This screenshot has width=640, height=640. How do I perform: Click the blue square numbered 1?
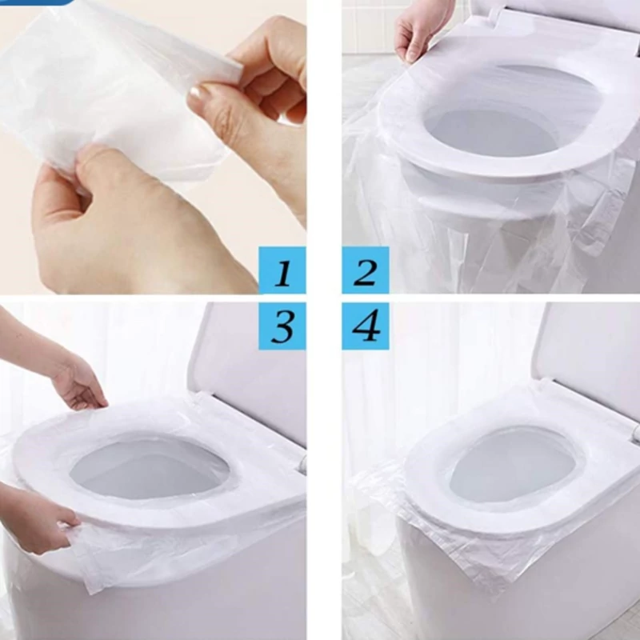click(282, 270)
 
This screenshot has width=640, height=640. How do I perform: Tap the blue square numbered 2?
click(366, 270)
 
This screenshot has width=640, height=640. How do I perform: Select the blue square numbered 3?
click(282, 326)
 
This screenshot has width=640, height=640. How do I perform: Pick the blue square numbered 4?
click(366, 326)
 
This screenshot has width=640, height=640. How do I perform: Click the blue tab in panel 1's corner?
click(37, 2)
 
